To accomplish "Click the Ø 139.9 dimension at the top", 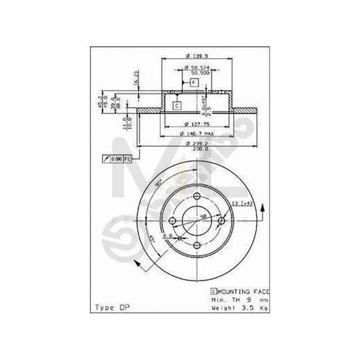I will (x=197, y=57).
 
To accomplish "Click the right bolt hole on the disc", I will (x=222, y=222).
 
